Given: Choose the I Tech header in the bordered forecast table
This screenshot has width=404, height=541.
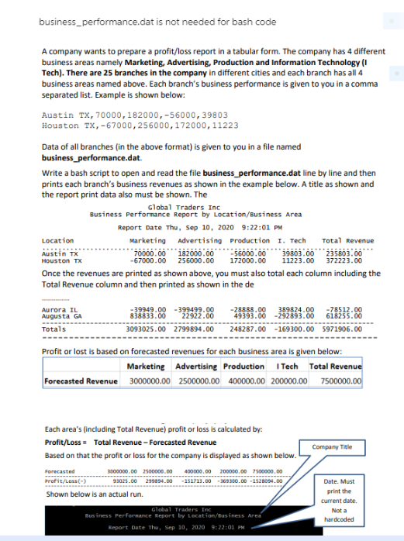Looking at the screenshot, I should click(288, 367).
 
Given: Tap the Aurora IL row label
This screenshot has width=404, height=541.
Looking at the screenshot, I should click(56, 308).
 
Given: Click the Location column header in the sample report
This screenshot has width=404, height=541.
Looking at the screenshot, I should click(57, 240).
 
